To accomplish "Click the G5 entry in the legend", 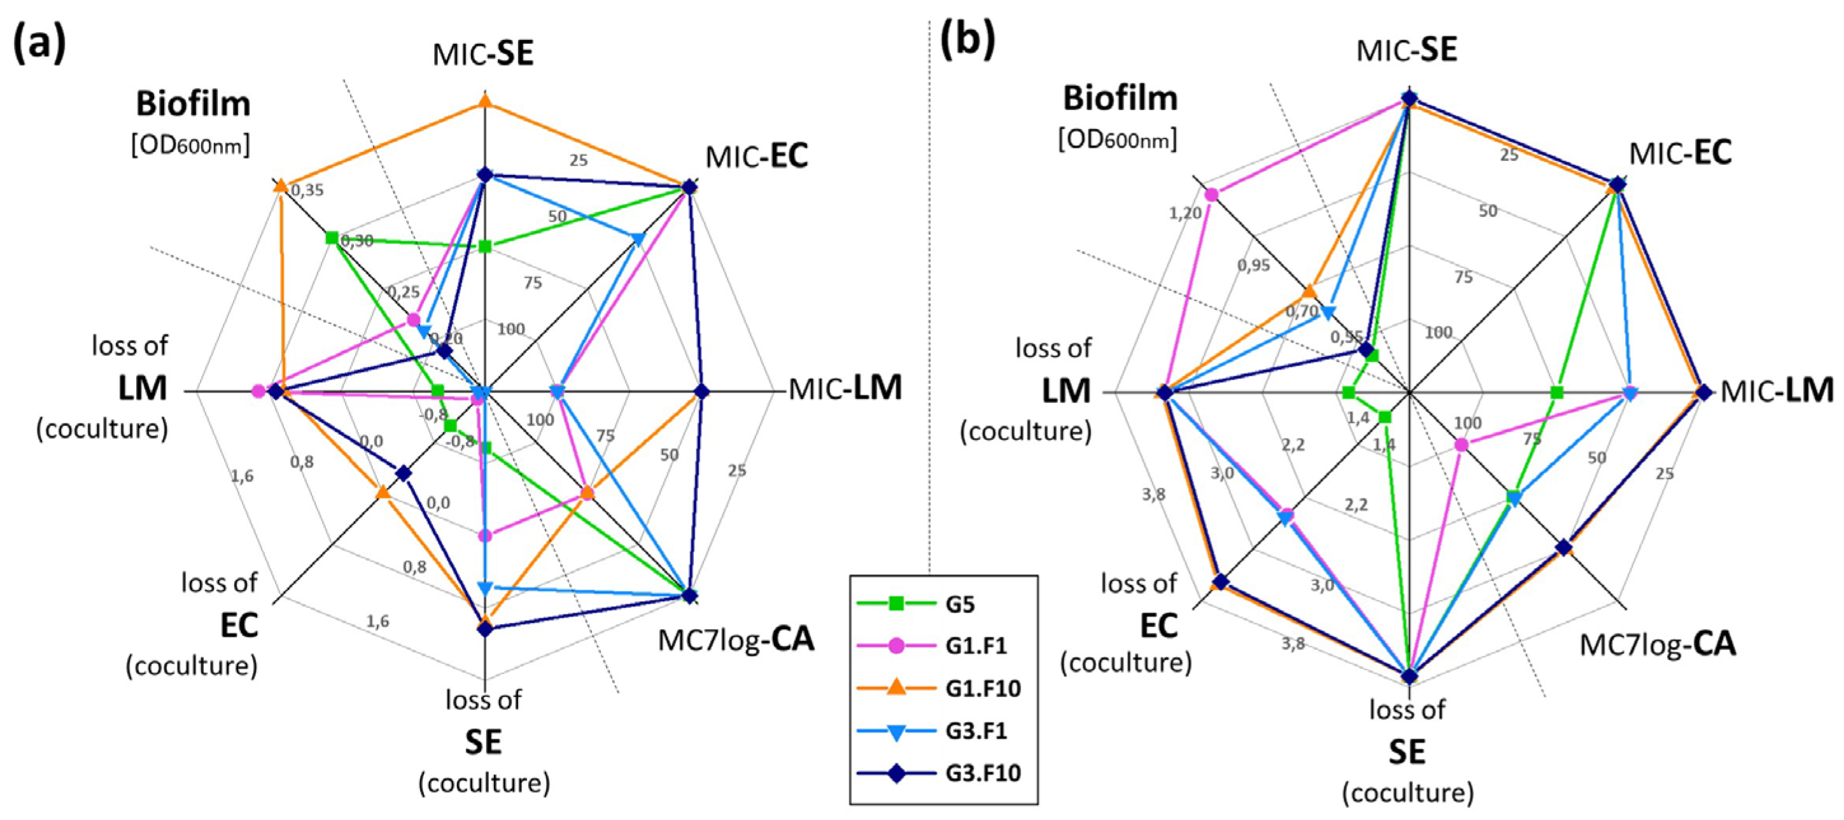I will (959, 604).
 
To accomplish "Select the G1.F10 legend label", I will (982, 689).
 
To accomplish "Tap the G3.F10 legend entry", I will (982, 774).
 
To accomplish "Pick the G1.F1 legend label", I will (976, 647).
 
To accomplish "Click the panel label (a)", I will (39, 43).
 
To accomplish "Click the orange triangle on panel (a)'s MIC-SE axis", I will (484, 101).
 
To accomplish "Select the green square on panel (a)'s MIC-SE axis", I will (484, 247).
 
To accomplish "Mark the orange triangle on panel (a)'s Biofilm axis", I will (280, 186).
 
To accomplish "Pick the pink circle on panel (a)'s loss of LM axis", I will (259, 391).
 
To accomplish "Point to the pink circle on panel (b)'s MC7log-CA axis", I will (1461, 446).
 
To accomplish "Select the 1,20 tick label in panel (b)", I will (1185, 213).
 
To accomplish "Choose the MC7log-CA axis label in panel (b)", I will (1658, 644).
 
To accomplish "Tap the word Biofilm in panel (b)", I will (1120, 99).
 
